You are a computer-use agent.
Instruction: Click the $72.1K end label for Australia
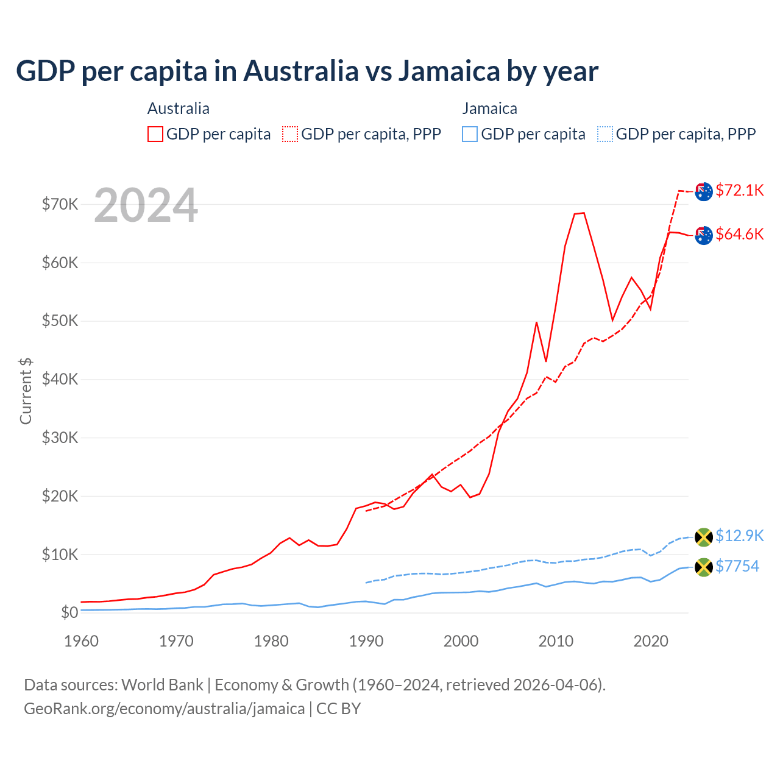[739, 190]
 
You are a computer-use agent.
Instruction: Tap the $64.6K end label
[739, 234]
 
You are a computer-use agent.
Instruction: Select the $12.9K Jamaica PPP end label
[739, 536]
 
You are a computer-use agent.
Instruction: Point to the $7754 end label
[737, 566]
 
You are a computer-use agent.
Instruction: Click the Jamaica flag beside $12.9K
[704, 537]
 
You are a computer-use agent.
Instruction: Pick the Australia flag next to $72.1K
[704, 191]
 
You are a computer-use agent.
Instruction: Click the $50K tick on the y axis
[60, 321]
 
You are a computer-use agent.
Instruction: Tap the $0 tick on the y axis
[69, 612]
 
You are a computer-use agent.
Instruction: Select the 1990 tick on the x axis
[366, 641]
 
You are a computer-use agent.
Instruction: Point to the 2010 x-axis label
[556, 641]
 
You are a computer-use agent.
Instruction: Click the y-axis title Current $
[26, 391]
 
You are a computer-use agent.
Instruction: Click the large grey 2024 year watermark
[146, 205]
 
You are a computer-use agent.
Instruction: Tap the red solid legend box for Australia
[155, 134]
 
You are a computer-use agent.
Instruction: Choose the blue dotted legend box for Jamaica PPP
[605, 134]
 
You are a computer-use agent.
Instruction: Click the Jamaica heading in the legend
[489, 108]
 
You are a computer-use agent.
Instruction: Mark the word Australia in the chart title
[301, 71]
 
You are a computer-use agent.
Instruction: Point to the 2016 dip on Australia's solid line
[612, 320]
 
